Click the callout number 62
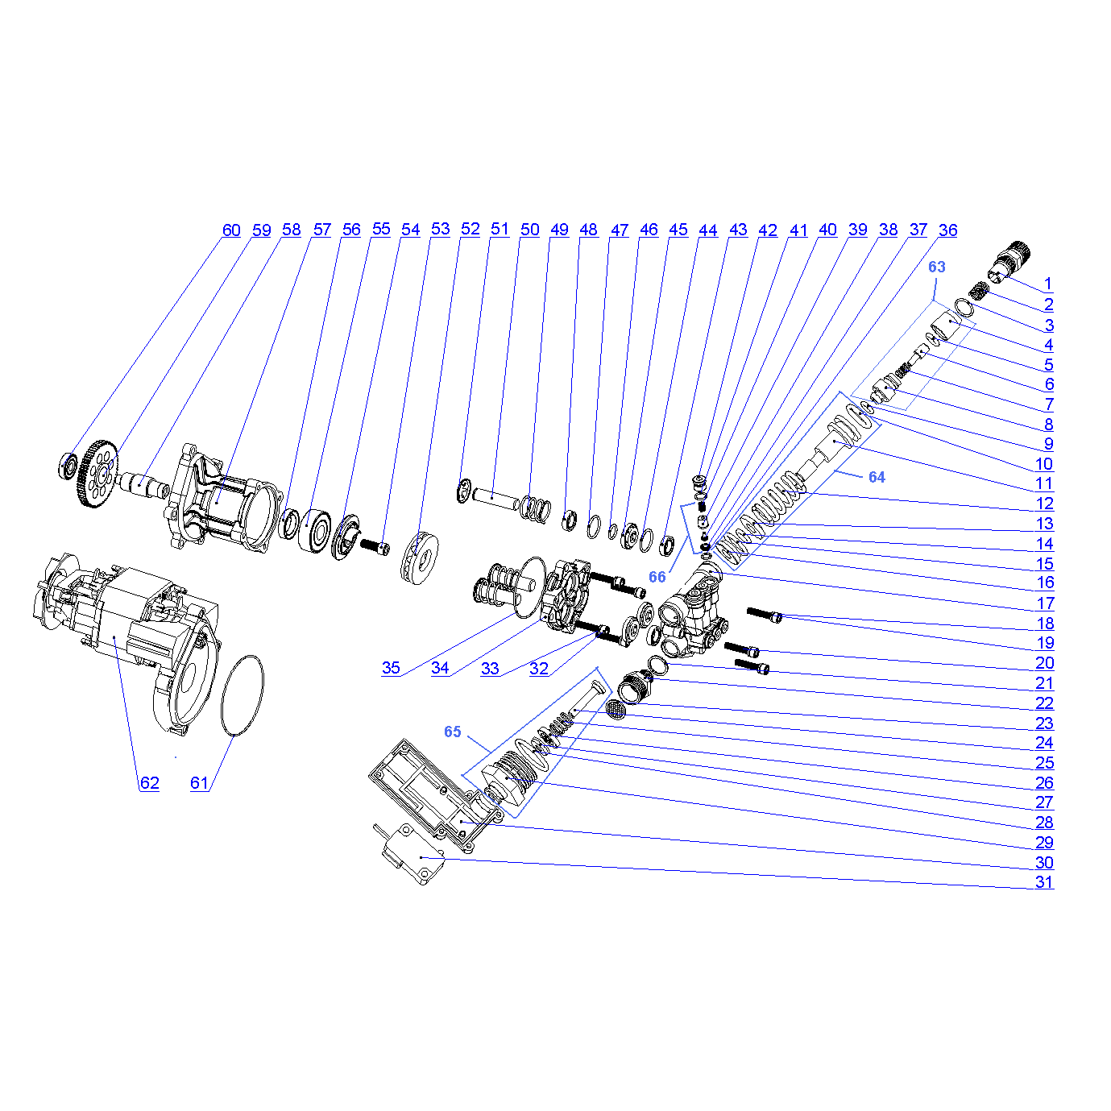click(x=149, y=782)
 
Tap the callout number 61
click(x=199, y=782)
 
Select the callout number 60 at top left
click(x=231, y=230)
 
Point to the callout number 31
click(x=1044, y=881)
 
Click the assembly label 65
click(x=453, y=732)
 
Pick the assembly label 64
click(x=877, y=477)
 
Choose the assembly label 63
click(x=937, y=267)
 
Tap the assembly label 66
click(x=657, y=577)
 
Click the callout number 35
click(x=391, y=668)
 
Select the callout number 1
click(x=1048, y=284)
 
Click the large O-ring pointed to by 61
click(x=243, y=695)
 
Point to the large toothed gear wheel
click(x=97, y=474)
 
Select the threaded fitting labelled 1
click(x=1009, y=263)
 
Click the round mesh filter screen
click(x=616, y=710)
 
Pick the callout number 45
click(x=678, y=230)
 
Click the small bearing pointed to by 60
click(x=68, y=466)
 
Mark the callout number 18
click(x=1045, y=624)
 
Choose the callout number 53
click(x=441, y=229)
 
